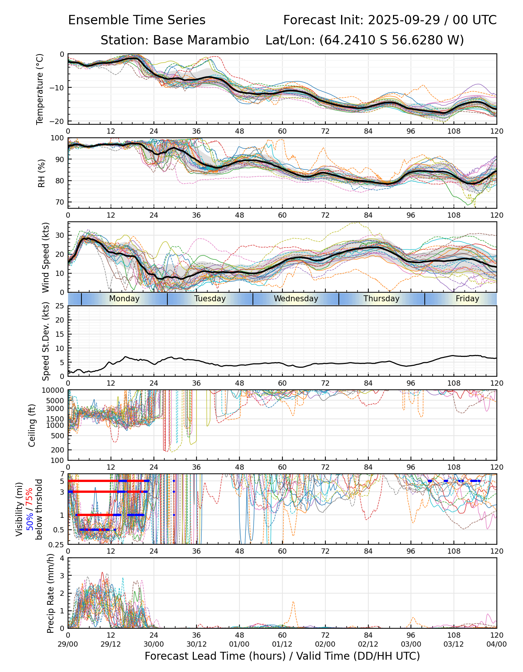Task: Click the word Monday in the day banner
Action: (124, 299)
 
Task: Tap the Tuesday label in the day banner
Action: (210, 299)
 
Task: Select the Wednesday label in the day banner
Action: (296, 299)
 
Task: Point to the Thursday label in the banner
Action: (381, 299)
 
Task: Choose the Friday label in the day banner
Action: (467, 299)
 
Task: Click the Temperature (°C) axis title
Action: (40, 89)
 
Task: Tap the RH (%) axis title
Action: (41, 173)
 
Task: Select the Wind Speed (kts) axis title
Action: (46, 257)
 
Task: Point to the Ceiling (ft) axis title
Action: (32, 425)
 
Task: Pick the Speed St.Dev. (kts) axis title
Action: (46, 341)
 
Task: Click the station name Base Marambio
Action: (201, 40)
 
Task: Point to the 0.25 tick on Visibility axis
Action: (57, 544)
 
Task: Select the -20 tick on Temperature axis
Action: (58, 121)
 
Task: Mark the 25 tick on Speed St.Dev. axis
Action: (60, 306)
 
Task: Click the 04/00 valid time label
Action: (496, 644)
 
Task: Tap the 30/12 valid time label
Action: (196, 644)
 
